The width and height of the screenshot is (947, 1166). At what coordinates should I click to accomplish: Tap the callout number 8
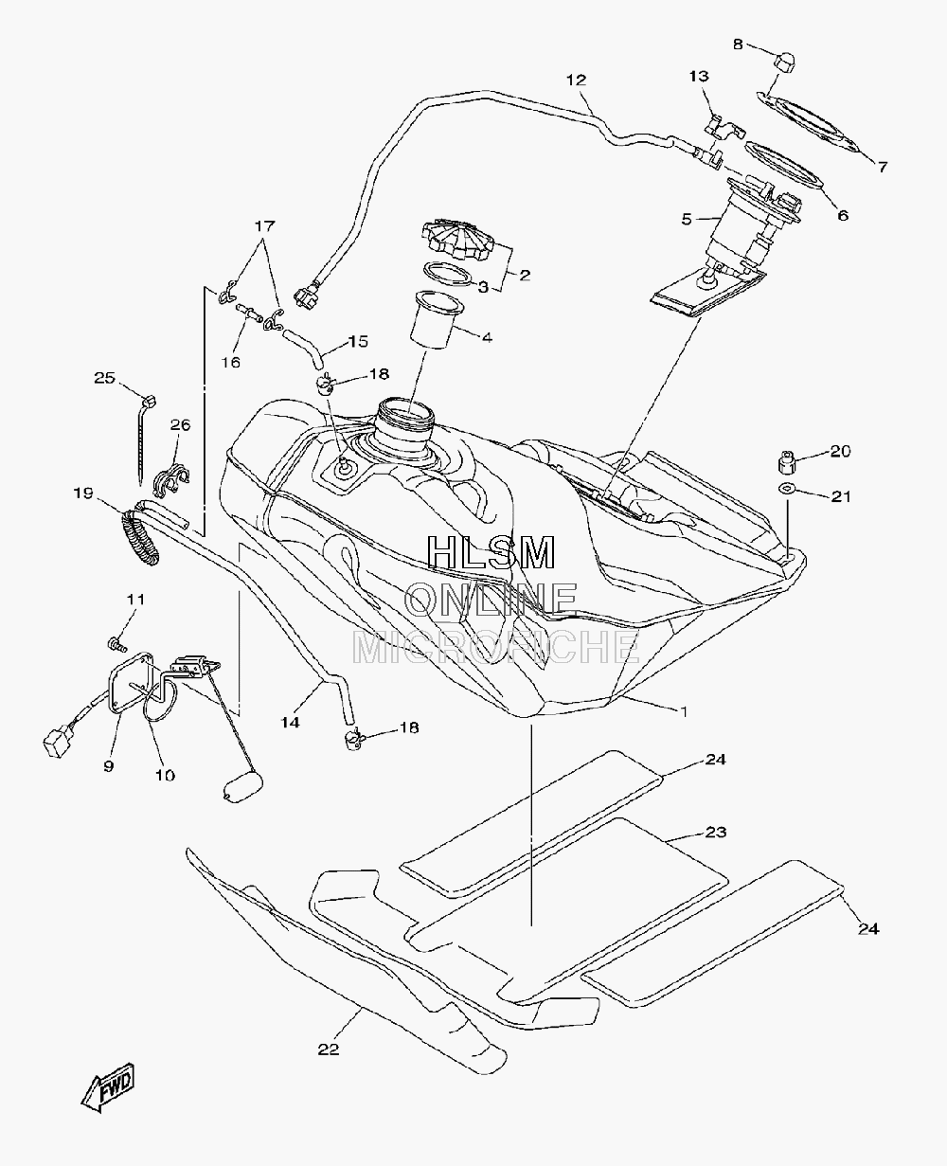tap(738, 45)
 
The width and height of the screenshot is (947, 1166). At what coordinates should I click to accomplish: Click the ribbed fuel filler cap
tap(457, 240)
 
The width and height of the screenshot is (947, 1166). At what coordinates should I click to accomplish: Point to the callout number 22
tap(329, 1049)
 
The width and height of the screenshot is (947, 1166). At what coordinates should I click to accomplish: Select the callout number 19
tap(83, 493)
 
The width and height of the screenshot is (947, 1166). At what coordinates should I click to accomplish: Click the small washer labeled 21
tap(788, 487)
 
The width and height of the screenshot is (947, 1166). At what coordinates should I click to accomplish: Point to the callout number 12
tap(577, 80)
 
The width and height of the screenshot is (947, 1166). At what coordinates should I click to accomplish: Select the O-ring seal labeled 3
tap(448, 274)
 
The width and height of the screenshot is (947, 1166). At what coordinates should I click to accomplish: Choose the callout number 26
tap(180, 424)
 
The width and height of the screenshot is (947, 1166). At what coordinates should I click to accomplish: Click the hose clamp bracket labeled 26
tap(170, 480)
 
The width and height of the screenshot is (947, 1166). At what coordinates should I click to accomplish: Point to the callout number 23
tap(715, 848)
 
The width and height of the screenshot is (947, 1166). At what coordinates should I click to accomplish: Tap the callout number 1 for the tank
tap(683, 711)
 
